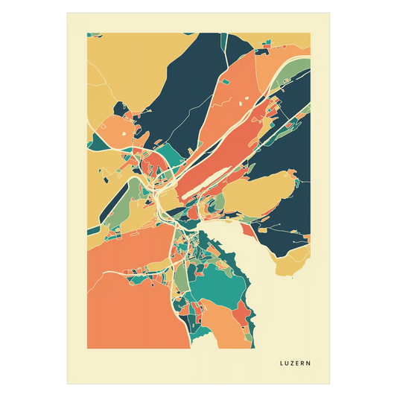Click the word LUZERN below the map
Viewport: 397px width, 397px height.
point(296,364)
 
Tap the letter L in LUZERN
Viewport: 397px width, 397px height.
point(282,364)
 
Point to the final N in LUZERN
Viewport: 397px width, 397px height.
point(309,364)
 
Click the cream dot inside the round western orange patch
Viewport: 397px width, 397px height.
point(118,134)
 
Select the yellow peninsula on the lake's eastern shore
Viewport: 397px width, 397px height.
point(294,261)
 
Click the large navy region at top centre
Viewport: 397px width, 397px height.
point(186,82)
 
